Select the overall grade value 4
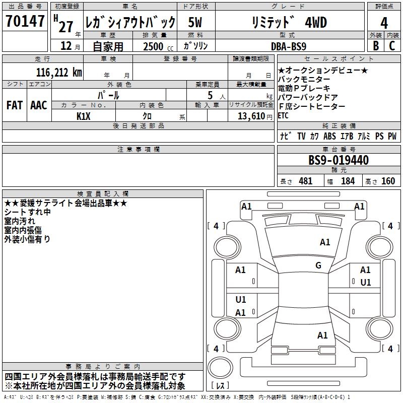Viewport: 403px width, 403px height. click(384, 23)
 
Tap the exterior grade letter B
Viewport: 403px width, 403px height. click(375, 45)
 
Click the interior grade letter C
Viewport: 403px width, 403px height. click(392, 45)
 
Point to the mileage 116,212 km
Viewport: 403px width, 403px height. click(58, 72)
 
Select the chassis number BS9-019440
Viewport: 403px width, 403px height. click(339, 161)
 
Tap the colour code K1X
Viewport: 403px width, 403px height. click(84, 116)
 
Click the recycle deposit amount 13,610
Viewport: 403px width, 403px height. click(250, 116)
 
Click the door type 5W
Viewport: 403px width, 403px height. click(196, 23)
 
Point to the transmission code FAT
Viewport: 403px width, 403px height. click(15, 105)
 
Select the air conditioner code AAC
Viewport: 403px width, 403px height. click(39, 105)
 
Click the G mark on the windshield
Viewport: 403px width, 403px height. click(318, 265)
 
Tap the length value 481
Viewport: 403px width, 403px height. click(305, 181)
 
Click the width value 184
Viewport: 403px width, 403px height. click(348, 181)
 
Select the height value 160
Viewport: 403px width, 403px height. click(388, 181)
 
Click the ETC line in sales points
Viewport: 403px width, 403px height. click(284, 116)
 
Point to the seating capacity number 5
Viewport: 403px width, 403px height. click(210, 95)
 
